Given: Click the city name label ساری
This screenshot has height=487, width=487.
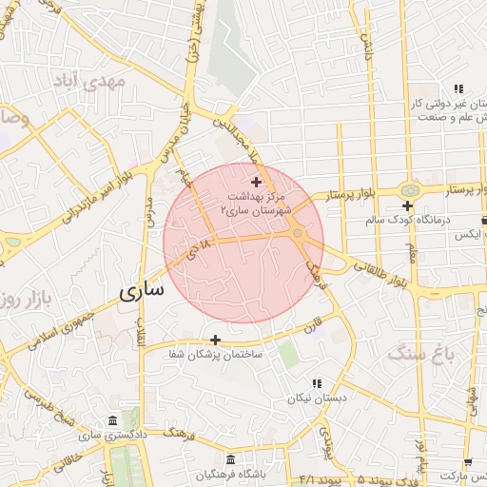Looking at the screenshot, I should tap(141, 290).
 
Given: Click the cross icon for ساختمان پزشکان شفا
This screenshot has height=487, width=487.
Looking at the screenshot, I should tap(216, 340).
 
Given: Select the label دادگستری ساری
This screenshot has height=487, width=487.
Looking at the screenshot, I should tap(91, 436).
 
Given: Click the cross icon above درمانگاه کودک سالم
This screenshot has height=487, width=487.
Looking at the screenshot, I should tap(407, 205).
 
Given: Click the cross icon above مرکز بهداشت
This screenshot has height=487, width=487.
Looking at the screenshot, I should tap(256, 181).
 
